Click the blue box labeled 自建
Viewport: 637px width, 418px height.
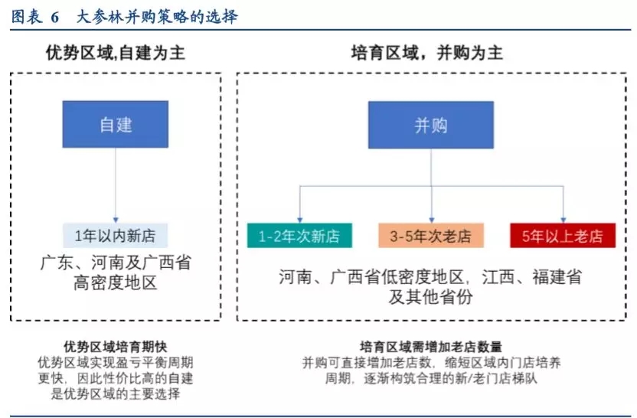[x=116, y=124]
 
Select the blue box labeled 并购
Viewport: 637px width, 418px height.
[x=431, y=125]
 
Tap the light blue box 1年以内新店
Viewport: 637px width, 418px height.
[x=116, y=236]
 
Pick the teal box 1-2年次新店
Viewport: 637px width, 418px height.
[x=299, y=236]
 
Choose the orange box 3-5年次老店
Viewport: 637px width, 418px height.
[x=431, y=236]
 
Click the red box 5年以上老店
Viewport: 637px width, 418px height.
[x=563, y=236]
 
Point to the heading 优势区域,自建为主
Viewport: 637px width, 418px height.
[x=116, y=54]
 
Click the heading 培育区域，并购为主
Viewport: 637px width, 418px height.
[x=427, y=54]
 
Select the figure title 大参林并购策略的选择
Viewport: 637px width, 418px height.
[x=157, y=17]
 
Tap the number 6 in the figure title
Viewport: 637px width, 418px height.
[x=55, y=18]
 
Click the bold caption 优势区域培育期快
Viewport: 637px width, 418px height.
[x=116, y=347]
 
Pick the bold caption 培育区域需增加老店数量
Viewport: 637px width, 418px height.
[x=431, y=347]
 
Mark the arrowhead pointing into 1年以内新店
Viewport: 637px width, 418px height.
[x=116, y=220]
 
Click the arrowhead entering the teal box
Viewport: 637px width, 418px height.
[x=300, y=220]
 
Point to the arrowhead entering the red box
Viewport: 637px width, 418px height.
[x=563, y=220]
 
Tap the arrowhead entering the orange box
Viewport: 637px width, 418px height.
[x=432, y=220]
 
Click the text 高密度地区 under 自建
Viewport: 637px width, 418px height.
[x=116, y=282]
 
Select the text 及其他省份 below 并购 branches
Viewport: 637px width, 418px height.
[x=430, y=297]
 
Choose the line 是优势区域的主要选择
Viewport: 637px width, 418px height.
[x=116, y=394]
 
